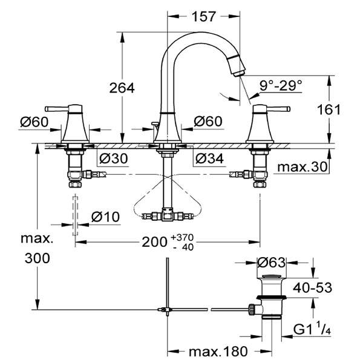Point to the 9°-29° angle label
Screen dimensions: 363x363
[281, 86]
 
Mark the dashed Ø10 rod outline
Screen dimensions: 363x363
[75, 215]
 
